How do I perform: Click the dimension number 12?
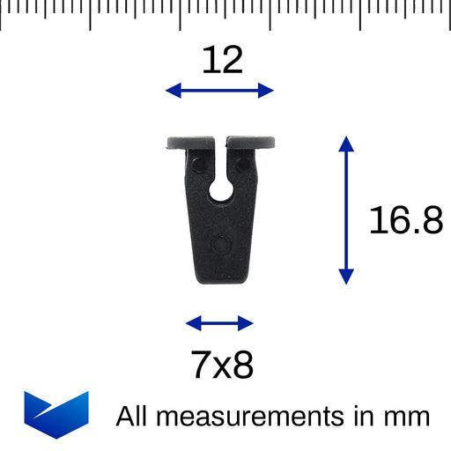coord(222,60)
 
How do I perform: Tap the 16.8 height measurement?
coord(405,220)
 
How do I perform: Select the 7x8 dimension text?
coord(221,365)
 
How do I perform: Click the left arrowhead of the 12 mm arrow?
coord(173,90)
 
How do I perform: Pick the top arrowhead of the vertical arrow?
coord(346,144)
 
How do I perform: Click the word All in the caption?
coord(133,415)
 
